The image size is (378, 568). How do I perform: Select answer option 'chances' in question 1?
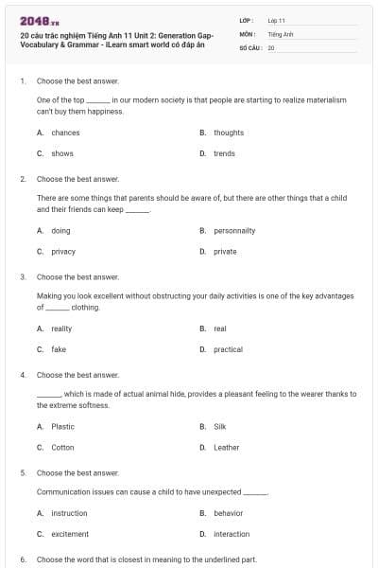[65, 133]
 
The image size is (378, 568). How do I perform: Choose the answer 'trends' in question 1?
[224, 153]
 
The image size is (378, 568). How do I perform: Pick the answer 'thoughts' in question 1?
[229, 133]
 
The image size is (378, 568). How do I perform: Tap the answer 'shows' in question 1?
[62, 153]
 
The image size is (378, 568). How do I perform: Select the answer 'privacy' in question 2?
[63, 252]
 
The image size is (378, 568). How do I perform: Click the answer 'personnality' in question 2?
[234, 230]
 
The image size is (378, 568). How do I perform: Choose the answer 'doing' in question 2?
[60, 230]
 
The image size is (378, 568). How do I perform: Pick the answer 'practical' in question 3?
[228, 349]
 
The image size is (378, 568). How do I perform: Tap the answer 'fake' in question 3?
[59, 349]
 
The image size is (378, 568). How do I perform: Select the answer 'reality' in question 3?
[61, 328]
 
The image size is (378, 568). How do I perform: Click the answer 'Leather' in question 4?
[226, 447]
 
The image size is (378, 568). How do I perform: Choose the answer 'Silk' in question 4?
[220, 426]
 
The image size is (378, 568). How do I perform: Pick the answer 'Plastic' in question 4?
[62, 426]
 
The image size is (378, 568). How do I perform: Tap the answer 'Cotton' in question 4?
[62, 447]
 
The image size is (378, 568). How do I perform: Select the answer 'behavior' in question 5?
[228, 513]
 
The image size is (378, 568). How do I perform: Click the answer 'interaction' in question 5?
[232, 534]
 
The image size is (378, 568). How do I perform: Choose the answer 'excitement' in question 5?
[69, 534]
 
